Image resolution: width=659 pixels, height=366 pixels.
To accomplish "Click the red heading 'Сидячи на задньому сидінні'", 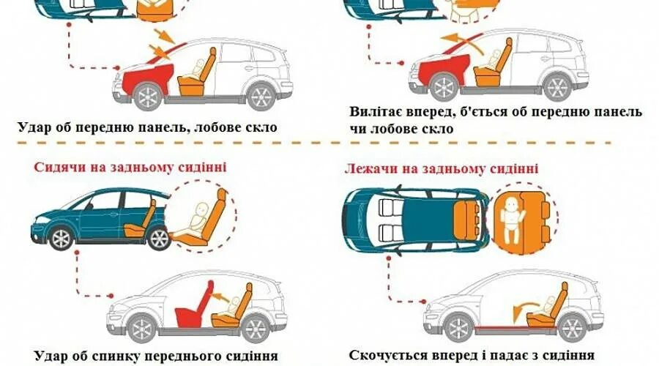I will (x=130, y=168).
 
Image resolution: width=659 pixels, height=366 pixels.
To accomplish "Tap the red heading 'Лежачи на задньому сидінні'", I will (x=442, y=169).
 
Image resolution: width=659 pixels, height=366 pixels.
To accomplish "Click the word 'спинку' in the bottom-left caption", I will (x=119, y=356).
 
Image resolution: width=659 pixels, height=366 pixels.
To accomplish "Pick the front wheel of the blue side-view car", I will (x=61, y=238).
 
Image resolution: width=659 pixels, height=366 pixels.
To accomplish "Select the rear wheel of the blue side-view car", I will (x=158, y=238).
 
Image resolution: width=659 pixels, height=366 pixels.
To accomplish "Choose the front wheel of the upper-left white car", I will (x=149, y=98).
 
